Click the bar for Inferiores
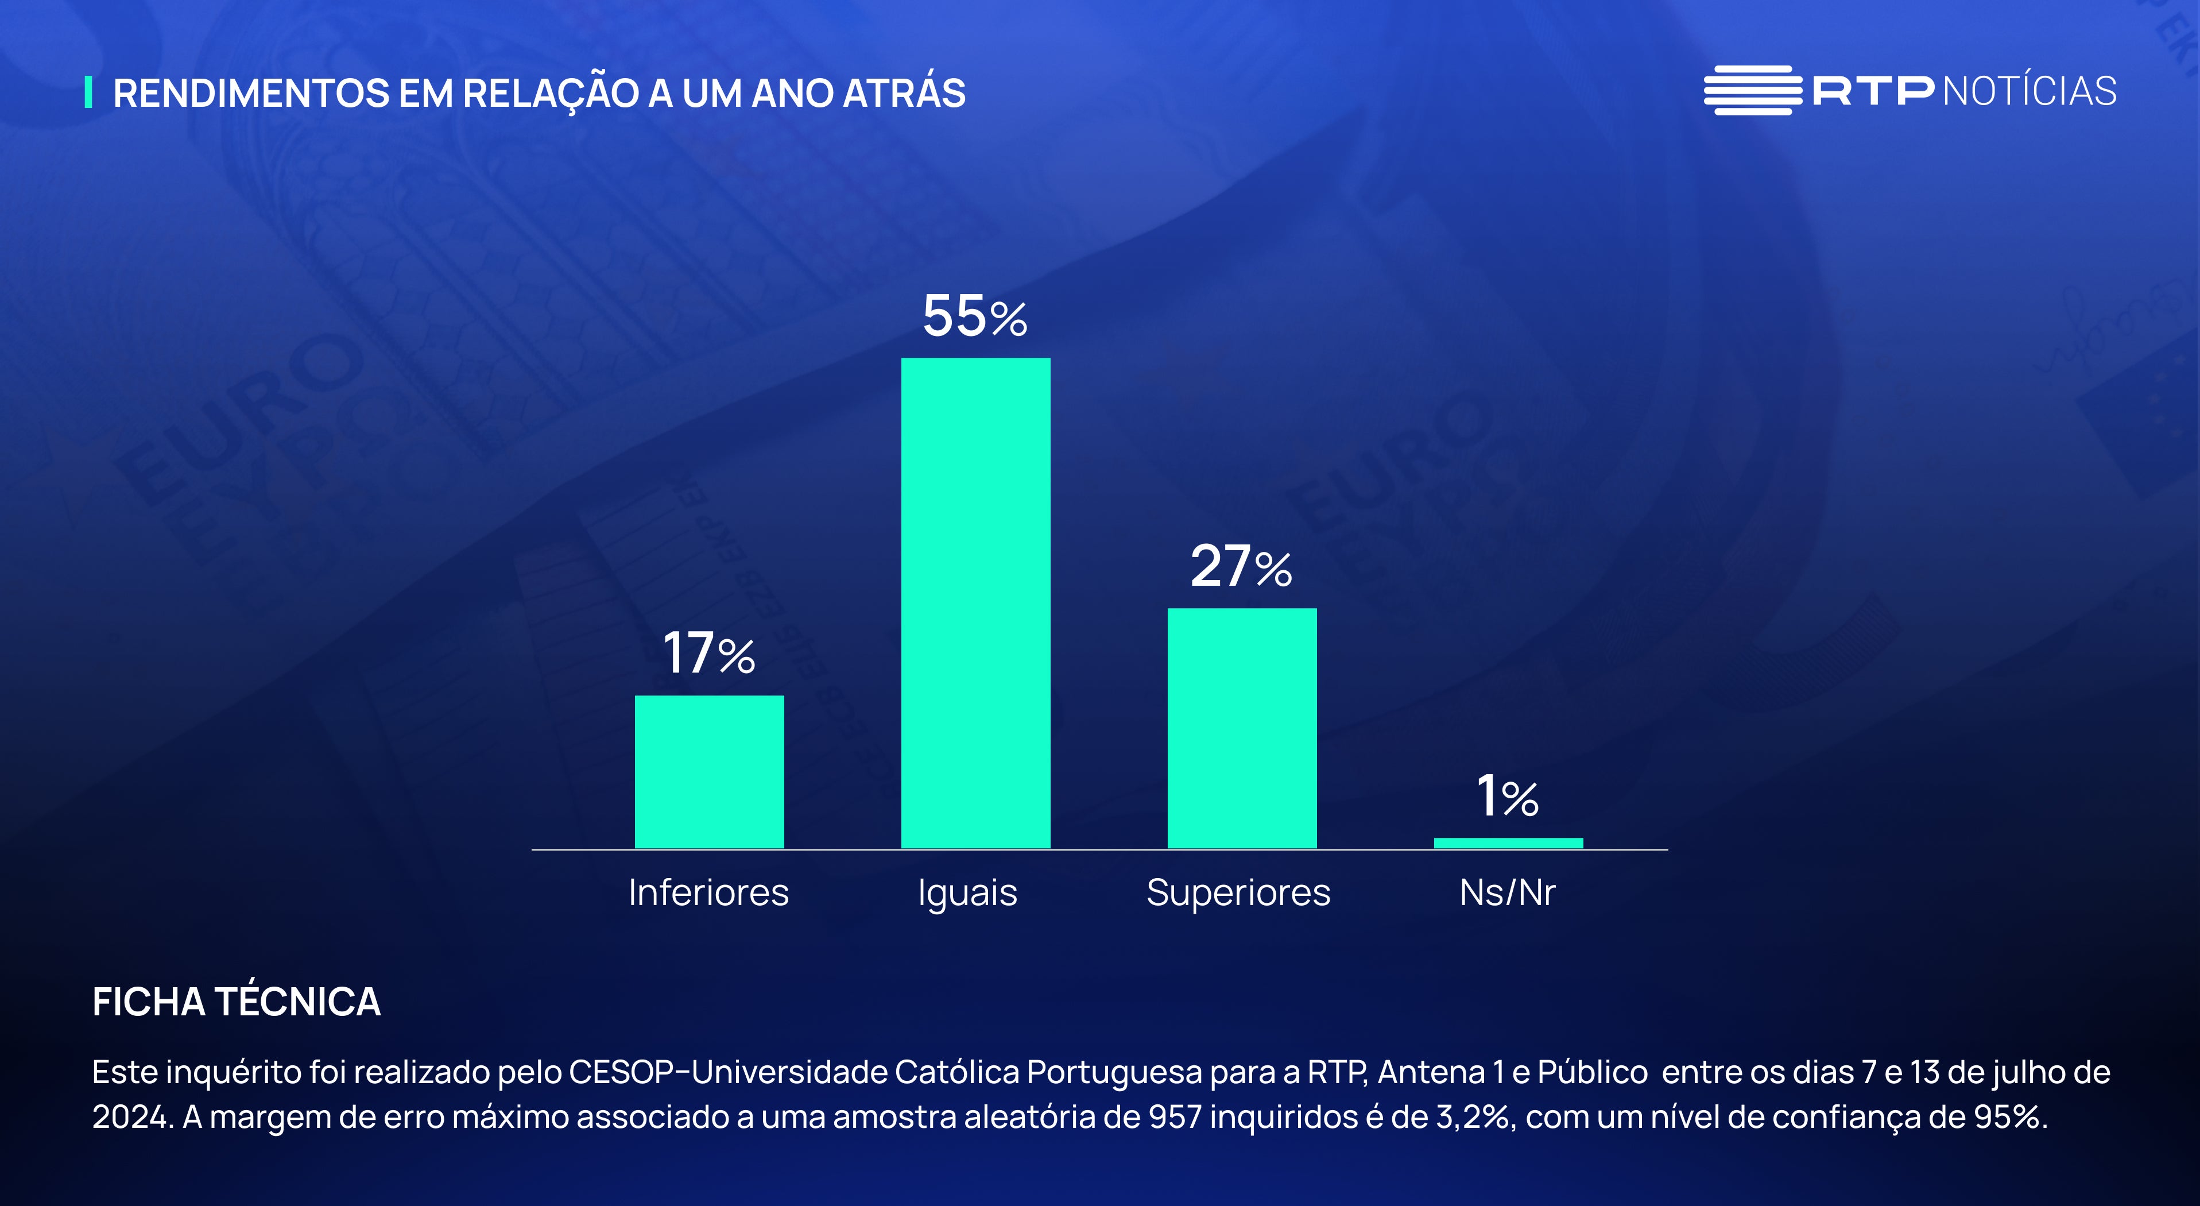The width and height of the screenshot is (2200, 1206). pos(709,771)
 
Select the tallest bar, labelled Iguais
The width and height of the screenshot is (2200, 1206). pos(975,602)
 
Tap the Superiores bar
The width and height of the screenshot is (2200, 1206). pos(1242,728)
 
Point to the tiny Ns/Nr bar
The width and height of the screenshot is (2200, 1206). pos(1508,843)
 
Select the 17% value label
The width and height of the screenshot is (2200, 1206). pos(709,654)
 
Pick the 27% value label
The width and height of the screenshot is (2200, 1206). pos(1241,566)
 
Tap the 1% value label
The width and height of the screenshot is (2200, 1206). pos(1508,797)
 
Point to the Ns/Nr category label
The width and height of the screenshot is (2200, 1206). pos(1508,892)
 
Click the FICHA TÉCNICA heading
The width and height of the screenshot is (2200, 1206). pos(237,1002)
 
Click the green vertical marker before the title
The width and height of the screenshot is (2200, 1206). pos(88,92)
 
